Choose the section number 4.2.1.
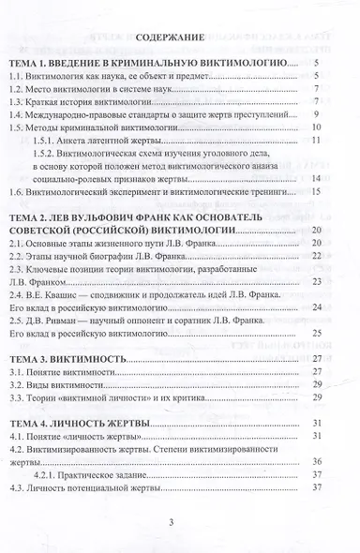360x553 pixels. [x=42, y=474]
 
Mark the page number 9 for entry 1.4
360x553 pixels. [x=319, y=112]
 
